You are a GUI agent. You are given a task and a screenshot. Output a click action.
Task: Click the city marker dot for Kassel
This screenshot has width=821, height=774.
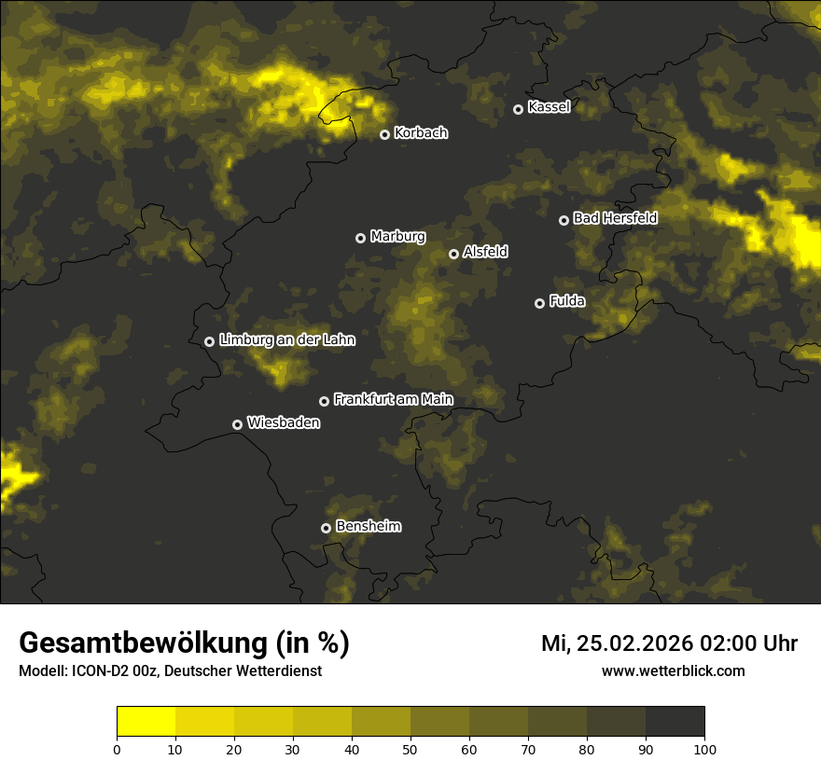pos(518,109)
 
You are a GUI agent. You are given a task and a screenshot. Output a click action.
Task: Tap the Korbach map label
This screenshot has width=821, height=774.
pos(421,133)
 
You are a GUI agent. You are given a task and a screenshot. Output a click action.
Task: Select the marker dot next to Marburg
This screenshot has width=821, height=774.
pos(360,238)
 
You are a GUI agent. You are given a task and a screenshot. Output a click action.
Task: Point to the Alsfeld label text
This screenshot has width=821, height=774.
pos(485,252)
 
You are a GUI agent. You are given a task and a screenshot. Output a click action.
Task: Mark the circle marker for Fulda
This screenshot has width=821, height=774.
pos(539,303)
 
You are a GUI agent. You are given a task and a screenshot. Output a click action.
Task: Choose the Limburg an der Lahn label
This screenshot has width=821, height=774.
pos(286,340)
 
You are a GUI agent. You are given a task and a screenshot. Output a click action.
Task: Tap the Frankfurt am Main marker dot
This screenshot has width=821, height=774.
pos(324,401)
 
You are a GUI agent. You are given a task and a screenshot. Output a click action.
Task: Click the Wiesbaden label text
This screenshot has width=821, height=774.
pos(284,422)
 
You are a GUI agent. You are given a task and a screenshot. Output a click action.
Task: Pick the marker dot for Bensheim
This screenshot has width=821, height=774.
pos(326,528)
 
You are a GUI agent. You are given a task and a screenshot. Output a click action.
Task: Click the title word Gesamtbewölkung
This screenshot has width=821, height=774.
pos(144,643)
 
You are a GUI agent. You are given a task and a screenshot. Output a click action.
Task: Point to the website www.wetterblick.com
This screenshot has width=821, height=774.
pos(673,670)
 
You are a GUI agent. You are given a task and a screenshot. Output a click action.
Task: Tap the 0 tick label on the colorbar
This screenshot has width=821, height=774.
pos(117,749)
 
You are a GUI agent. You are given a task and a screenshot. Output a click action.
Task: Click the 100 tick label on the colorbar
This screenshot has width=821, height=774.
pos(704,749)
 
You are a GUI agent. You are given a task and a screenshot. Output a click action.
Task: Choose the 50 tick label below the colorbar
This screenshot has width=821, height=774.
pos(410,749)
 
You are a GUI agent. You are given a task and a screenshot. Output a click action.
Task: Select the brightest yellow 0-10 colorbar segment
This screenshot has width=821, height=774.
pos(146,722)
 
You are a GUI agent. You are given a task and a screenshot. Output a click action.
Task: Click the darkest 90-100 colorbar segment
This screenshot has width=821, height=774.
pos(675,722)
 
